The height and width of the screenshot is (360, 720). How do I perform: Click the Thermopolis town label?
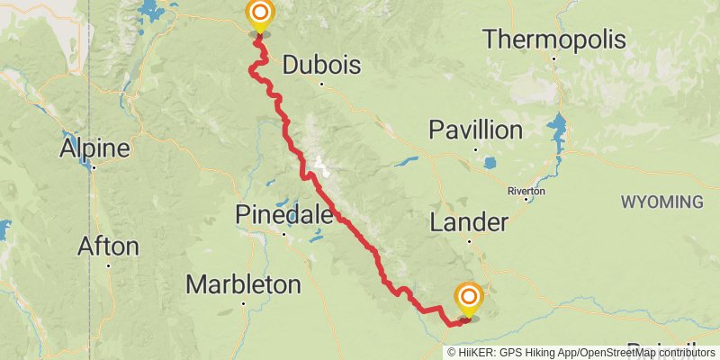[553, 40]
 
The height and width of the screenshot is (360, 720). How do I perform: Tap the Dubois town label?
[321, 66]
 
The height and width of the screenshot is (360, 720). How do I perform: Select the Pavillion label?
[475, 130]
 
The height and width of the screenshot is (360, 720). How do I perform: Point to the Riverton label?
[526, 191]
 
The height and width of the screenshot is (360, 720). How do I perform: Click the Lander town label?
[469, 221]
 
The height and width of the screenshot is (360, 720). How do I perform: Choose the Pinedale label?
[284, 214]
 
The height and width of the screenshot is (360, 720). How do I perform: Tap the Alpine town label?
[94, 148]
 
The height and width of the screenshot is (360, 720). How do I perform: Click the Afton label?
[108, 246]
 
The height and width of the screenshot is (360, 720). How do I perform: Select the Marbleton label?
[243, 285]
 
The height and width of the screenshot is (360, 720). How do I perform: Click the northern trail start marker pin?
[259, 14]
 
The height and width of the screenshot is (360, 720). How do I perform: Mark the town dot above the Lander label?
[469, 240]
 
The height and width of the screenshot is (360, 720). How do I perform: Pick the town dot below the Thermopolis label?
[553, 59]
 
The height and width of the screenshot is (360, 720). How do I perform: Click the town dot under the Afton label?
[108, 265]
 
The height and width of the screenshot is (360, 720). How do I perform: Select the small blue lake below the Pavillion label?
[490, 164]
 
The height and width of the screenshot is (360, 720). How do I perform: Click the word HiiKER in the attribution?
[474, 353]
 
